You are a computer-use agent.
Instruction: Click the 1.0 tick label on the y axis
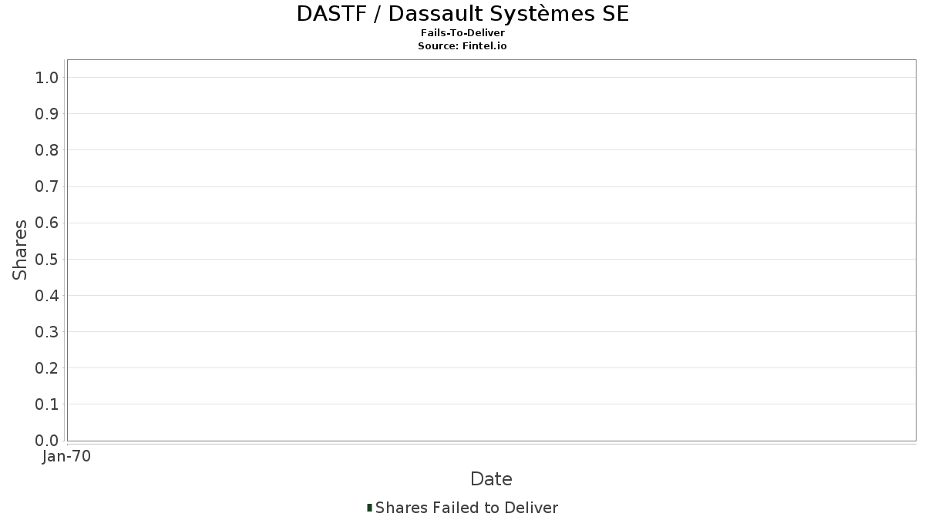point(47,78)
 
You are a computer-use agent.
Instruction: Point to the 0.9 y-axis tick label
point(47,114)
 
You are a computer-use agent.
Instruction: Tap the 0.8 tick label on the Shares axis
point(47,150)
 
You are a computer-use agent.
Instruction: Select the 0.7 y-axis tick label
point(47,186)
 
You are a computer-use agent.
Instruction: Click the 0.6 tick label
point(47,223)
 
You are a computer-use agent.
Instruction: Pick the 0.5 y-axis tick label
point(47,259)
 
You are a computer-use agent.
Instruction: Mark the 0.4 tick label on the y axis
point(47,296)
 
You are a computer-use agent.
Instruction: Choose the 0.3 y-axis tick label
point(47,332)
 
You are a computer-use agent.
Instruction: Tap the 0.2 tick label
point(47,368)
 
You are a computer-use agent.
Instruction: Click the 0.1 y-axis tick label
point(47,404)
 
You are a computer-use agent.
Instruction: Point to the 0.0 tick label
point(47,441)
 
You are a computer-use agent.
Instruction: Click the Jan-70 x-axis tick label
point(66,456)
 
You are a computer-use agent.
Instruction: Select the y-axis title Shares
point(19,250)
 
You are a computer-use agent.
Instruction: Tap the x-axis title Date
point(491,479)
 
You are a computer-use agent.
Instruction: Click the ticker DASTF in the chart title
point(331,14)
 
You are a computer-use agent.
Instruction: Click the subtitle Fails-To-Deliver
point(462,33)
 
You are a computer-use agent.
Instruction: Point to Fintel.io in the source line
point(484,45)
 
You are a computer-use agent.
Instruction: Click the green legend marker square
point(369,508)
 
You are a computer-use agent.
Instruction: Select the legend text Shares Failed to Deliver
point(466,508)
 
